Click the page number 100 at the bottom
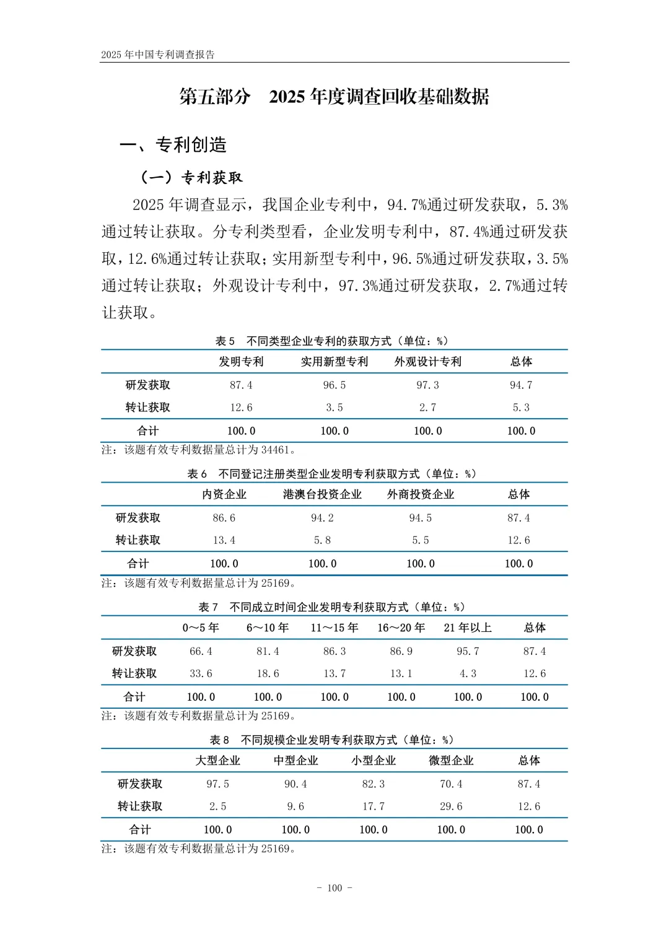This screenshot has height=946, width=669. coord(334,888)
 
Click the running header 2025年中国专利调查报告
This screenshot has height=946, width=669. coord(158,55)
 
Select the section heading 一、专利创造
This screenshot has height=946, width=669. coord(173,145)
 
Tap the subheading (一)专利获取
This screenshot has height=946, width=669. coord(191,178)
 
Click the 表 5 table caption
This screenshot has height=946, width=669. coord(332,341)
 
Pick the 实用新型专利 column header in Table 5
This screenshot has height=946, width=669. coord(334,362)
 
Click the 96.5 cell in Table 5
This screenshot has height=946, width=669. coord(334,385)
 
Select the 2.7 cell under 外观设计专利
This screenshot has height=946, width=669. coord(427,408)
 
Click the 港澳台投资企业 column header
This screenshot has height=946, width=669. coord(322,494)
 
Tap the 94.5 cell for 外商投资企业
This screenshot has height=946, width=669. coord(421,518)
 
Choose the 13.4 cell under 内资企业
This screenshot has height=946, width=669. coord(224,540)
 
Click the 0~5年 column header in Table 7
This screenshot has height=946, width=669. coord(201,628)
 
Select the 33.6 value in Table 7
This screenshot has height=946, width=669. coord(201,673)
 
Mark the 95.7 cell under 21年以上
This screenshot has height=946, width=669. coord(468,651)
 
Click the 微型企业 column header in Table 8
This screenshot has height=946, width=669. coord(451,761)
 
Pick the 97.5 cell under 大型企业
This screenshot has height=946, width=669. coord(218,784)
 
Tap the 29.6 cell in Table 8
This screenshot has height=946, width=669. coord(451,807)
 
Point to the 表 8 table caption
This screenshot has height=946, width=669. coord(332,740)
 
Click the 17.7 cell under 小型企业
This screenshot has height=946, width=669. coord(374,807)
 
